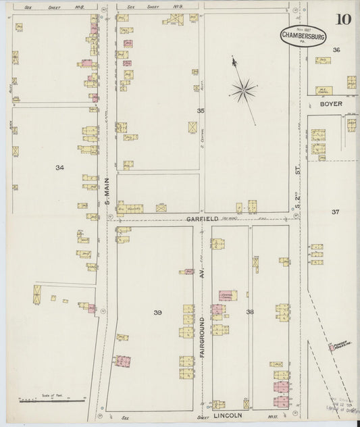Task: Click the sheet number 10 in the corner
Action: click(343, 19)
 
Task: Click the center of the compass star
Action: click(243, 87)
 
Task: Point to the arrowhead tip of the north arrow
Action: click(233, 59)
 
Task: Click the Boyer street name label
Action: click(332, 104)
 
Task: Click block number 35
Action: click(200, 110)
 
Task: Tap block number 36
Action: click(336, 50)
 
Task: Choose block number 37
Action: click(335, 212)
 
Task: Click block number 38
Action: click(249, 311)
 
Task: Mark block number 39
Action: click(158, 312)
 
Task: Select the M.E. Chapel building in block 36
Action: click(325, 89)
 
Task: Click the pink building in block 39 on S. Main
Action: click(122, 361)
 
